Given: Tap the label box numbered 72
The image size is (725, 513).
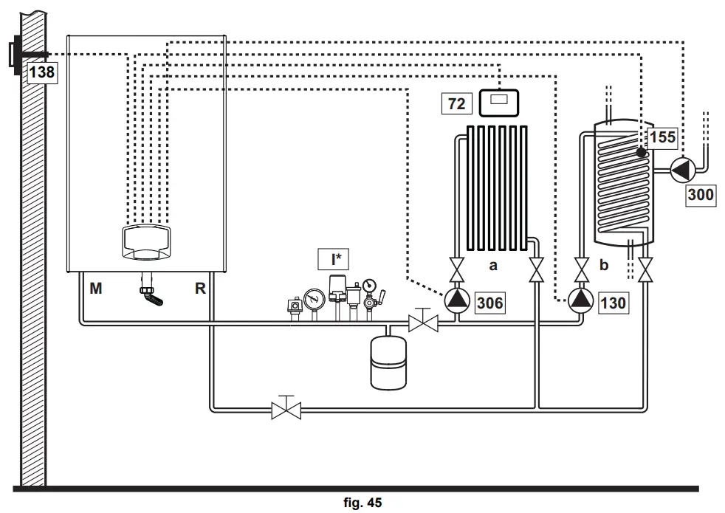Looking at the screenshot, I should point(457,103).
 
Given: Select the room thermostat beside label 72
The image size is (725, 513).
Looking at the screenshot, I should point(499,101).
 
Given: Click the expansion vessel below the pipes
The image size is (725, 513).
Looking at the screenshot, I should point(387,359).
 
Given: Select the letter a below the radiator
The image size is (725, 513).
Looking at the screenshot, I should point(492,264).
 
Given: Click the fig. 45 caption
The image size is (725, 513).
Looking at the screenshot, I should point(362,503).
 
